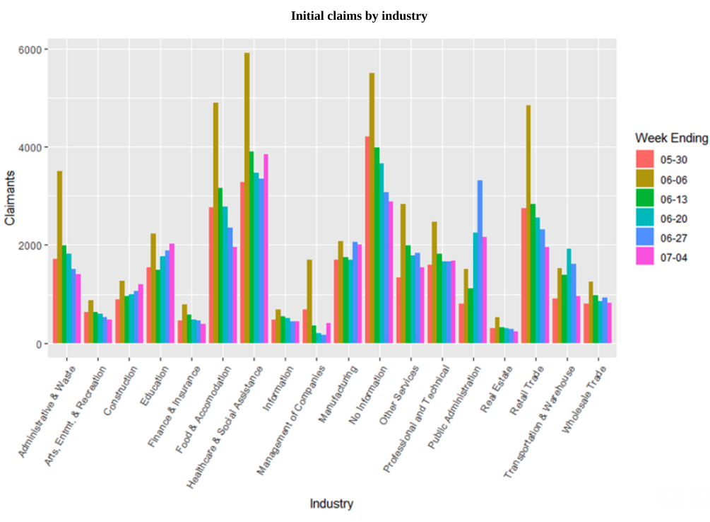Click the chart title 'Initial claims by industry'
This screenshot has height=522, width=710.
pos(359,16)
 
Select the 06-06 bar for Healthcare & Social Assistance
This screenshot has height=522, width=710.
pos(247,198)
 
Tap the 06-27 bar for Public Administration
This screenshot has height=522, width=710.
pos(480,262)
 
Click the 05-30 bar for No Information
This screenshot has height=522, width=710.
pos(367,240)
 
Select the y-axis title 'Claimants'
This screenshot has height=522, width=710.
pos(10,197)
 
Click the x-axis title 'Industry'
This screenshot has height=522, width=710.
pos(331,504)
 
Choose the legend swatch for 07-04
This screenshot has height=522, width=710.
pos(644,257)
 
